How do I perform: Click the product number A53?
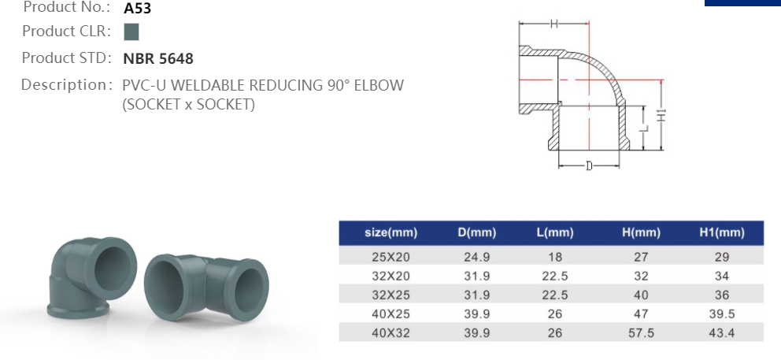coord(138,9)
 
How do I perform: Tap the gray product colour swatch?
coord(131,32)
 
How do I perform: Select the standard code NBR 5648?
coord(158,58)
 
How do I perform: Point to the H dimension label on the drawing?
coord(553,24)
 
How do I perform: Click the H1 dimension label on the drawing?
coord(662,115)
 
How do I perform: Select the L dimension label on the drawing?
coord(644,126)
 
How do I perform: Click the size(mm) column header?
coord(391,233)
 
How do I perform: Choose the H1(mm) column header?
coord(721,233)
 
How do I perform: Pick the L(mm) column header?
coord(555,233)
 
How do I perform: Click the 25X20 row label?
coord(391,257)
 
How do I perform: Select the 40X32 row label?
coord(391,333)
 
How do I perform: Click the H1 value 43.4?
coord(721,333)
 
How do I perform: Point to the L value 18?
coord(555,257)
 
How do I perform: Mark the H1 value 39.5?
coord(721,314)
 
